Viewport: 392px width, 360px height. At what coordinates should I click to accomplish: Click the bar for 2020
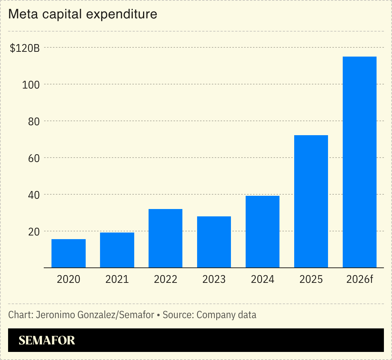click(x=68, y=253)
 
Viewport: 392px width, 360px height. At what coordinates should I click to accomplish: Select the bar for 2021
click(x=117, y=250)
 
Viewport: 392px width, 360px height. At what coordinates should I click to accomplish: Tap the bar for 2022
click(x=165, y=238)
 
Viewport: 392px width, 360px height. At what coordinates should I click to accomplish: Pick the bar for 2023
click(x=214, y=242)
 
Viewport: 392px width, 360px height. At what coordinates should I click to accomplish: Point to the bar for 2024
click(x=263, y=232)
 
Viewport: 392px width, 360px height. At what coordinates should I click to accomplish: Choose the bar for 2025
click(x=311, y=202)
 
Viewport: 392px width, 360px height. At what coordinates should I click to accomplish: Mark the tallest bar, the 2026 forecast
click(x=360, y=162)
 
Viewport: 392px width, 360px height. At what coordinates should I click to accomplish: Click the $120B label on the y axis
click(x=25, y=48)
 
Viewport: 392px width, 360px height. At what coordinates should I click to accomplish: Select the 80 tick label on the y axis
click(x=34, y=121)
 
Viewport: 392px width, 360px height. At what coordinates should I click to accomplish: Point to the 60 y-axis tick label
click(x=34, y=158)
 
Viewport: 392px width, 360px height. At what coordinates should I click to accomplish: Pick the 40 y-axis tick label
click(x=34, y=195)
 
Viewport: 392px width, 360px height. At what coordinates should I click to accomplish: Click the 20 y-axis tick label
click(x=34, y=231)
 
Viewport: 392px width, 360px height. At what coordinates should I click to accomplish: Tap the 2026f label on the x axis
click(x=360, y=280)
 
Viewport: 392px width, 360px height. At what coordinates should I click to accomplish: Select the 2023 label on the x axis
click(x=214, y=280)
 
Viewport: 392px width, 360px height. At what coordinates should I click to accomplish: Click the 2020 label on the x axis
click(x=68, y=280)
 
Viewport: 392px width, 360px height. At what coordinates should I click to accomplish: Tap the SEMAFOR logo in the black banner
click(x=47, y=340)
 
